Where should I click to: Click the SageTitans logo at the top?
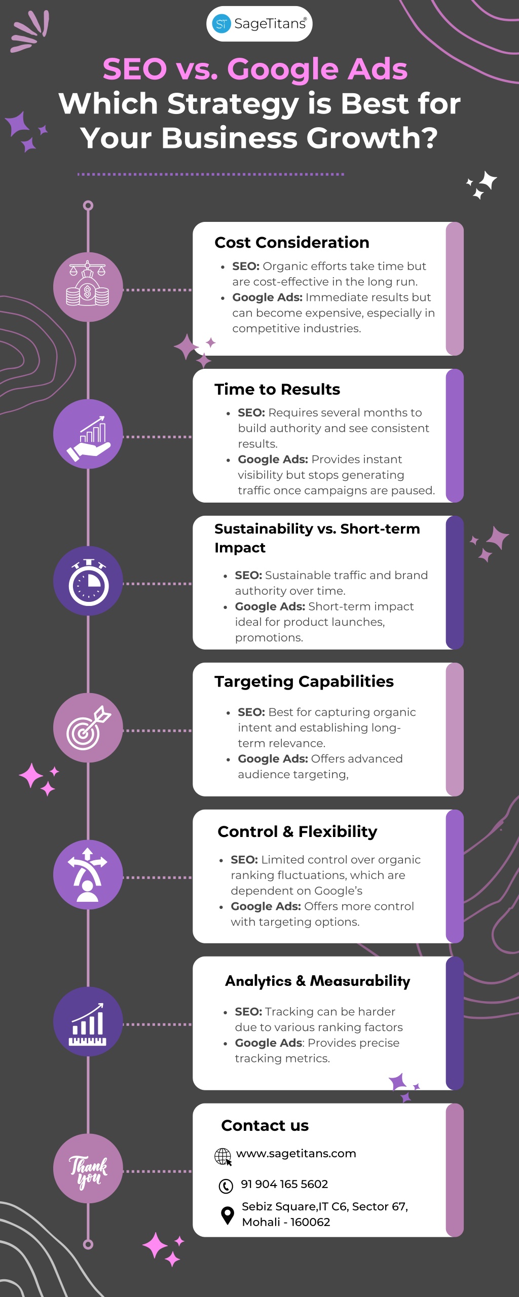click(x=259, y=24)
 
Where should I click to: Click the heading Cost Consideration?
click(x=292, y=243)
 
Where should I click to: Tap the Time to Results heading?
click(x=277, y=389)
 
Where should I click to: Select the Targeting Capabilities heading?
click(x=304, y=682)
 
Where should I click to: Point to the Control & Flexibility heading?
click(x=298, y=831)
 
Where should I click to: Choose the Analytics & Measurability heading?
click(x=318, y=981)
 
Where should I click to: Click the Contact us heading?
click(x=265, y=1125)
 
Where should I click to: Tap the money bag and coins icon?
click(x=88, y=287)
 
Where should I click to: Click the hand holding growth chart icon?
click(x=88, y=434)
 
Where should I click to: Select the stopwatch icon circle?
click(x=88, y=581)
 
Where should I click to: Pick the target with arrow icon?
click(x=88, y=728)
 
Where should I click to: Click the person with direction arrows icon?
click(x=88, y=874)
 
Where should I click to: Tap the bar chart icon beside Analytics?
click(x=88, y=1021)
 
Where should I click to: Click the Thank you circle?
click(x=88, y=1168)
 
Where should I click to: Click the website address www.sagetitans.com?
click(x=296, y=1154)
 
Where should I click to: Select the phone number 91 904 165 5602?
click(x=284, y=1184)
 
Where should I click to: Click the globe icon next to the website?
click(x=223, y=1157)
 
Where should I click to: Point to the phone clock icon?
click(x=226, y=1186)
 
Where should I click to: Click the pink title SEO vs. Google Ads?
click(x=255, y=69)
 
